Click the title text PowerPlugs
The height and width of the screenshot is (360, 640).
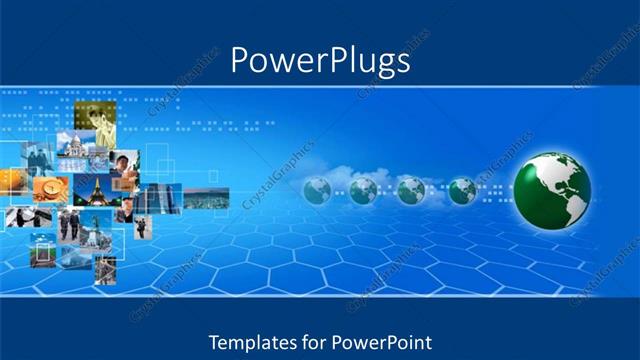tap(320, 61)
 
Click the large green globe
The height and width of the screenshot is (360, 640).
tap(552, 189)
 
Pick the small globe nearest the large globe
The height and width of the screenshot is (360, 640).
tap(462, 190)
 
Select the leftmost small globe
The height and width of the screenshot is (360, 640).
tap(317, 190)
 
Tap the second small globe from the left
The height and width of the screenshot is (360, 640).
tap(363, 190)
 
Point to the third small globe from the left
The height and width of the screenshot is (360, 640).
tap(411, 190)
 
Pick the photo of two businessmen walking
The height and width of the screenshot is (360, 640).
tap(73, 223)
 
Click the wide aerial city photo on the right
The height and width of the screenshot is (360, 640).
tap(206, 199)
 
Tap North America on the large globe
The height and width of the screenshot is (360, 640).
tap(540, 180)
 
